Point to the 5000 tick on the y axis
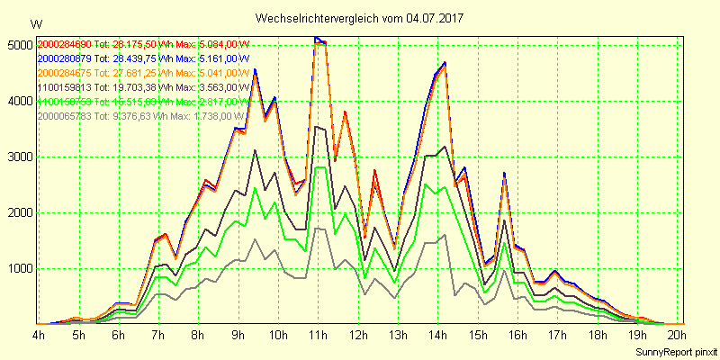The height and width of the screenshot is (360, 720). pos(18,45)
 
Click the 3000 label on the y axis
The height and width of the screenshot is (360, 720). pos(18,157)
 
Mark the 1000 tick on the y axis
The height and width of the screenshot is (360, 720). pos(18,268)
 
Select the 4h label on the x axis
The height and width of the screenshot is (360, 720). pos(39,335)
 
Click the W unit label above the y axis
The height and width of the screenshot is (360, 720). pos(35,23)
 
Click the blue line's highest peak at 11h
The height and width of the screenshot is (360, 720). pos(316,37)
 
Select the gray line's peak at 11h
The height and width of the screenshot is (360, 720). pos(316,228)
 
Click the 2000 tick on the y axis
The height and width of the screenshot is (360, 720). pos(18,212)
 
